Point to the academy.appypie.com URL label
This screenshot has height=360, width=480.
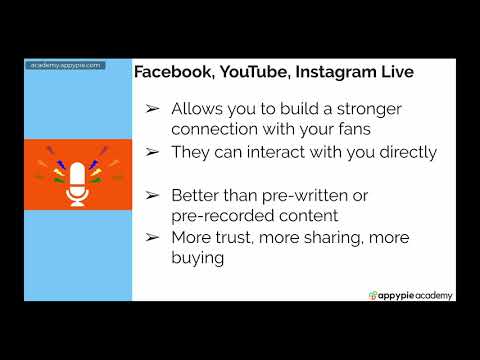coord(65,65)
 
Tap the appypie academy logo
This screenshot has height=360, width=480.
coord(410,294)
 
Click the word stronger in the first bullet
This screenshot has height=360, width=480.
coord(375,108)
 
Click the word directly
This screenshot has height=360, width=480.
coord(404,152)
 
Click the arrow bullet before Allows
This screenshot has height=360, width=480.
coord(152,108)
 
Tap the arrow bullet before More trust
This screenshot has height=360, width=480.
coord(152,237)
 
